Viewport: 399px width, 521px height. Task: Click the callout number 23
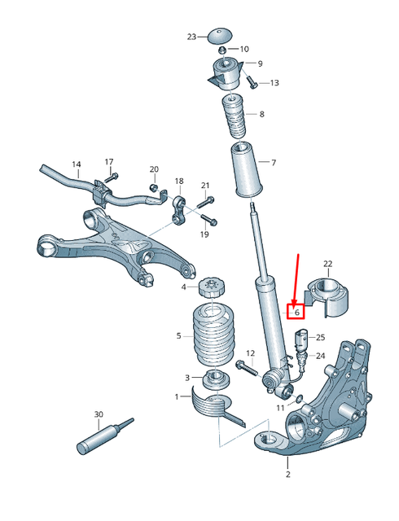(191, 37)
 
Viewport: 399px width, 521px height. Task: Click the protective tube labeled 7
(243, 170)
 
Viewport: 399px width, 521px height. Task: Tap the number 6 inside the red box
(297, 311)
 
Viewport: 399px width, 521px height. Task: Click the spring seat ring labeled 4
(211, 287)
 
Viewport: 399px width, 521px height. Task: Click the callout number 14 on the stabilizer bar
(77, 164)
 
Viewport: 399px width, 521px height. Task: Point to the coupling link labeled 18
(180, 208)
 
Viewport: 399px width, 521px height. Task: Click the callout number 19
(205, 234)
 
